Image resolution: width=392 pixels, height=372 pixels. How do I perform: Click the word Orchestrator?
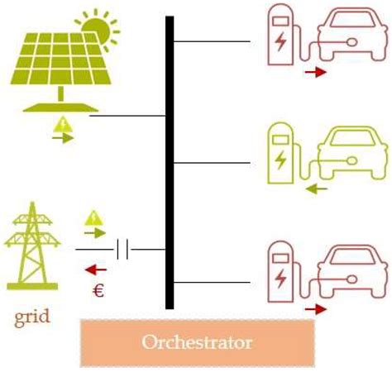[x=197, y=342]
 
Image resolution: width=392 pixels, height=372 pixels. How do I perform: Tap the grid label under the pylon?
[x=32, y=317]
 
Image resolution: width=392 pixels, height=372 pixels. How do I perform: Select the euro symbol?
[x=98, y=290]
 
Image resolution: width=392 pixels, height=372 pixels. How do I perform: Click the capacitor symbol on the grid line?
[x=122, y=250]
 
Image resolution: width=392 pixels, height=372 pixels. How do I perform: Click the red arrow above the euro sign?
[x=96, y=269]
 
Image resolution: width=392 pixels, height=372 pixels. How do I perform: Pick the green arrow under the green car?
[x=317, y=189]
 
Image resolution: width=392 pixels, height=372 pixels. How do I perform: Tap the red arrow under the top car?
[x=316, y=72]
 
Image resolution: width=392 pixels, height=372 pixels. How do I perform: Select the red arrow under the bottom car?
[x=316, y=309]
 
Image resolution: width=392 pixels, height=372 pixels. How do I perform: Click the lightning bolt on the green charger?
[x=280, y=160]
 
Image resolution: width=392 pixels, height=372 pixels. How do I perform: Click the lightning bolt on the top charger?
[x=280, y=41]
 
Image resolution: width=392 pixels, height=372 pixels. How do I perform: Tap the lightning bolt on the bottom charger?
[x=280, y=279]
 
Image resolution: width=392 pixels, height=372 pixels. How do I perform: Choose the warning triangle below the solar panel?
[x=63, y=125]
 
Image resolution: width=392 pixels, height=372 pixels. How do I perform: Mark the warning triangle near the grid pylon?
[x=94, y=218]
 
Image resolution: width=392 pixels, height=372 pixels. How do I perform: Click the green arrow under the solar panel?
[x=63, y=138]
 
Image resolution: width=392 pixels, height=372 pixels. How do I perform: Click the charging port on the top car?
[x=352, y=42]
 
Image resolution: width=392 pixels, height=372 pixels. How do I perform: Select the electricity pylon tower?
[x=32, y=246]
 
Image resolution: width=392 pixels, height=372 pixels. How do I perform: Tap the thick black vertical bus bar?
[x=170, y=163]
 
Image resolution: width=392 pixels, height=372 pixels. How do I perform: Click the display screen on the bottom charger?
[x=280, y=258]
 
